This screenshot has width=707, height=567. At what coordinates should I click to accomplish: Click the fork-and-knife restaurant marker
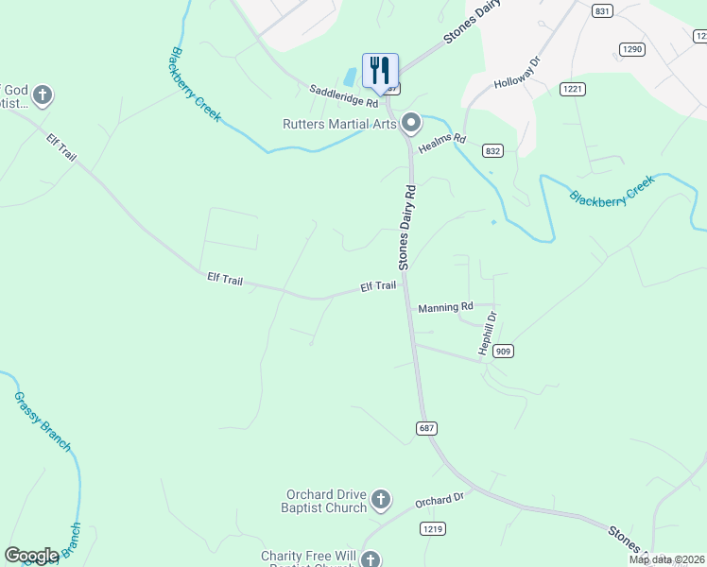(x=380, y=70)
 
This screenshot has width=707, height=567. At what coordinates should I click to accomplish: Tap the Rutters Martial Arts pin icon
(x=411, y=123)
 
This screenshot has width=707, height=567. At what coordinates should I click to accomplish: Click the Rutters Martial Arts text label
(x=339, y=124)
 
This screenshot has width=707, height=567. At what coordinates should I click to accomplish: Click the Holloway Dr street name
(x=516, y=74)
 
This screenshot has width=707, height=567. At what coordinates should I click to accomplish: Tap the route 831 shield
(x=602, y=11)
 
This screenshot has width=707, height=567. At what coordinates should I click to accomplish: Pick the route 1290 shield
(x=631, y=48)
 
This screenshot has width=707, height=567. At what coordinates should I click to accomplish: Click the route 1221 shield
(x=572, y=89)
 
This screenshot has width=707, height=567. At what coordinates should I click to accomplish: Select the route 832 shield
(x=492, y=150)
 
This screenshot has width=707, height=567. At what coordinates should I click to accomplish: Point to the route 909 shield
(x=503, y=351)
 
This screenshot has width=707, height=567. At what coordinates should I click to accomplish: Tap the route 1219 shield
(x=433, y=529)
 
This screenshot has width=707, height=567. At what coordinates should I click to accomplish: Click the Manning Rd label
(x=444, y=307)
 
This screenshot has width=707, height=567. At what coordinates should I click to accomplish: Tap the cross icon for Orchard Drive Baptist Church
(x=380, y=499)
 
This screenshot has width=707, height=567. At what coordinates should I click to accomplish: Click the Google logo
(x=31, y=556)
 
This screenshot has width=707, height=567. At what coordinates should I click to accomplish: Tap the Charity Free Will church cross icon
(x=371, y=559)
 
